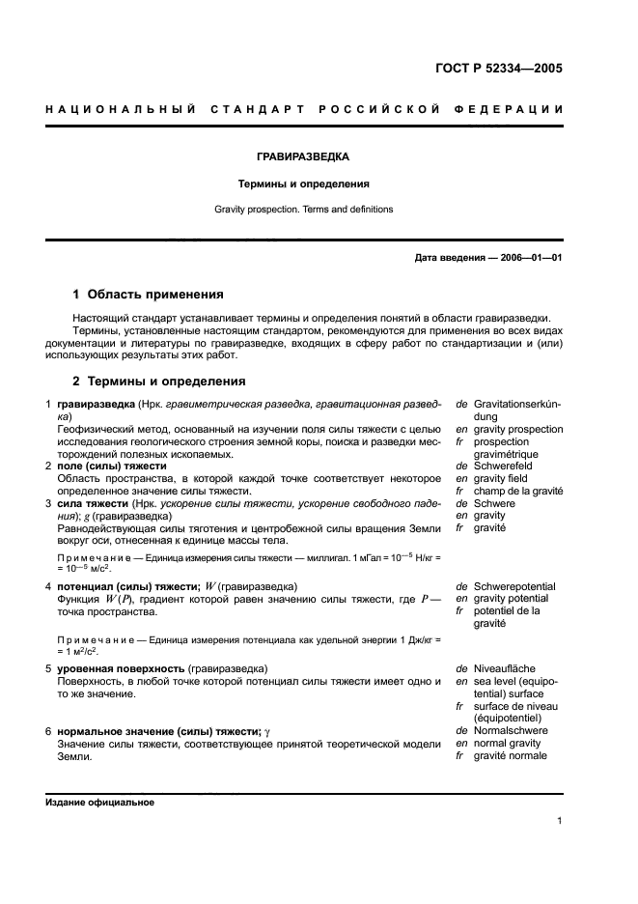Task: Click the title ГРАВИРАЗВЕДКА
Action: [x=302, y=155]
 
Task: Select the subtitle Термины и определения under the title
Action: [x=302, y=183]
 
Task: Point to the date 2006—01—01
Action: [x=521, y=258]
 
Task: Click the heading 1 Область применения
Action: [x=149, y=294]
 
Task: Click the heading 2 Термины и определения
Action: [x=159, y=381]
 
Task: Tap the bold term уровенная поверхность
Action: [x=122, y=668]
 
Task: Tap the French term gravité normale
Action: [x=510, y=756]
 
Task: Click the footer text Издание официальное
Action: [x=99, y=803]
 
